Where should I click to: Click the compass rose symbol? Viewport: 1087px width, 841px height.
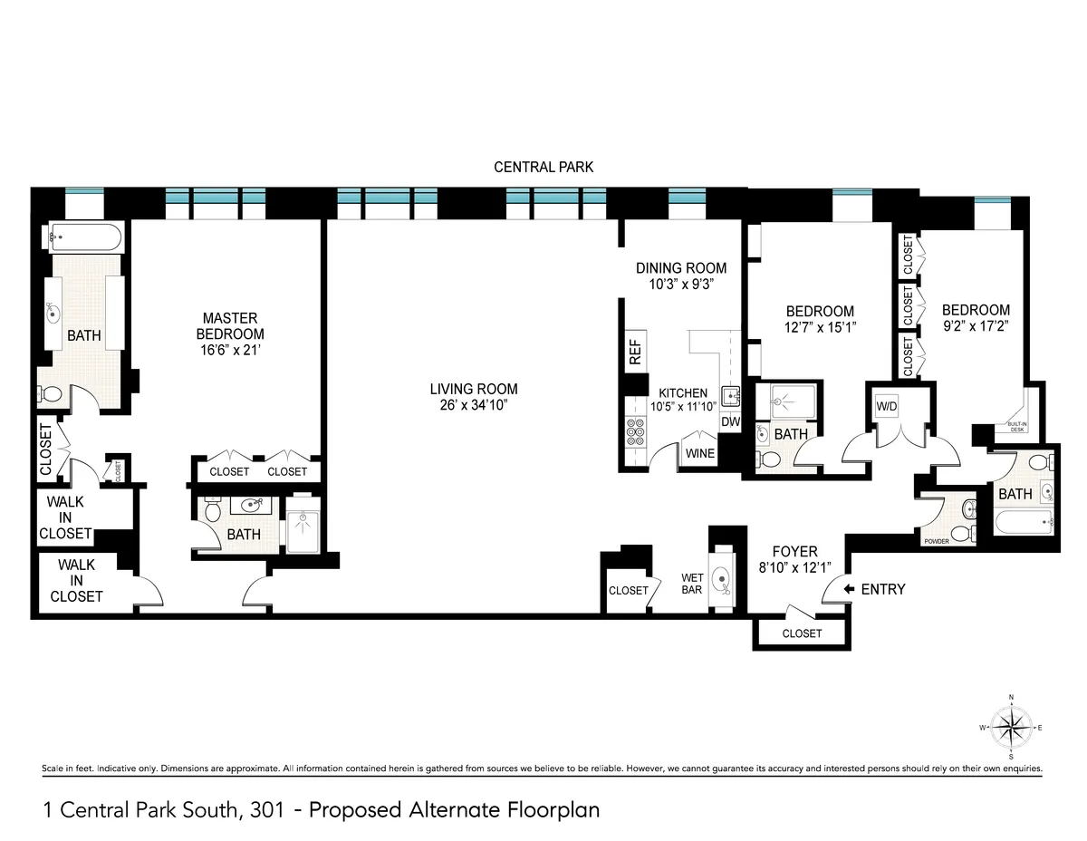pos(1011,727)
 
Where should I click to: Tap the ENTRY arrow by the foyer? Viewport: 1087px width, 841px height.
pos(849,589)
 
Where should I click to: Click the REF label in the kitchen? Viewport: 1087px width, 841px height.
pos(635,349)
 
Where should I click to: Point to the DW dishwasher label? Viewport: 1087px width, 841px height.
pos(729,422)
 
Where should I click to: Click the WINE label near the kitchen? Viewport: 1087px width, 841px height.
pos(699,452)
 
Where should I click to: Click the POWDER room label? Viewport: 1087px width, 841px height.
pos(936,540)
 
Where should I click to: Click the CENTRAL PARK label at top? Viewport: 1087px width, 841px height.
pos(543,167)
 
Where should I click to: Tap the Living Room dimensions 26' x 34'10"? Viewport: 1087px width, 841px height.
pos(474,405)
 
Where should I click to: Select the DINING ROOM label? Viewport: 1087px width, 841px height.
pos(681,267)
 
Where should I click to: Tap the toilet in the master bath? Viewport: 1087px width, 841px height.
pos(52,395)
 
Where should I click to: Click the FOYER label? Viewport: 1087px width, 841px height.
pos(794,551)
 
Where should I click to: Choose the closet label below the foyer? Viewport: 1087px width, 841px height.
pos(802,633)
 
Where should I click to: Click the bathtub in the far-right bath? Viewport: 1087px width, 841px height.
pos(1023,522)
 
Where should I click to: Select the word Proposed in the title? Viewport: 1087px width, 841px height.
pos(349,808)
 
